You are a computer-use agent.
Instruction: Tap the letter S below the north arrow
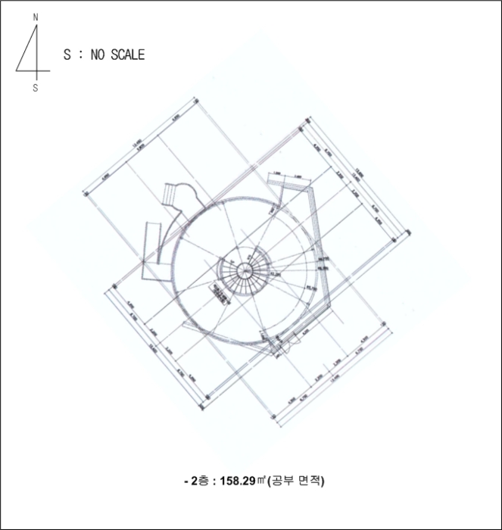[x=35, y=88]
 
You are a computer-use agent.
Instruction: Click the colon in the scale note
[x=80, y=55]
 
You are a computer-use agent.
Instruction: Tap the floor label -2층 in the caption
[x=198, y=480]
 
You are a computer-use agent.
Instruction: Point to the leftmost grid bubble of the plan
[x=86, y=195]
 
